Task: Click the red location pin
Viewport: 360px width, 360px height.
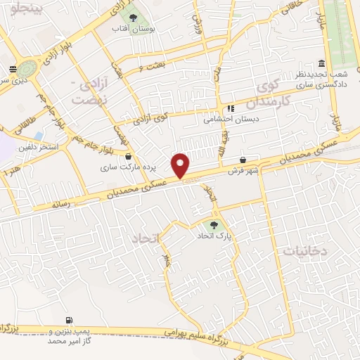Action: (x=181, y=165)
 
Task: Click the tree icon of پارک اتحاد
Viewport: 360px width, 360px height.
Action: (x=214, y=225)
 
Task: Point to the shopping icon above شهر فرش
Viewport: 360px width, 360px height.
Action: (x=243, y=160)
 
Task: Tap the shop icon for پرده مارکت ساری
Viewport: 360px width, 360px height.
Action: (x=128, y=157)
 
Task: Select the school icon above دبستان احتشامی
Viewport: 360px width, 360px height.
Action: (x=230, y=108)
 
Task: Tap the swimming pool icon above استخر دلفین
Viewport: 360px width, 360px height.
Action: (x=37, y=136)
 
